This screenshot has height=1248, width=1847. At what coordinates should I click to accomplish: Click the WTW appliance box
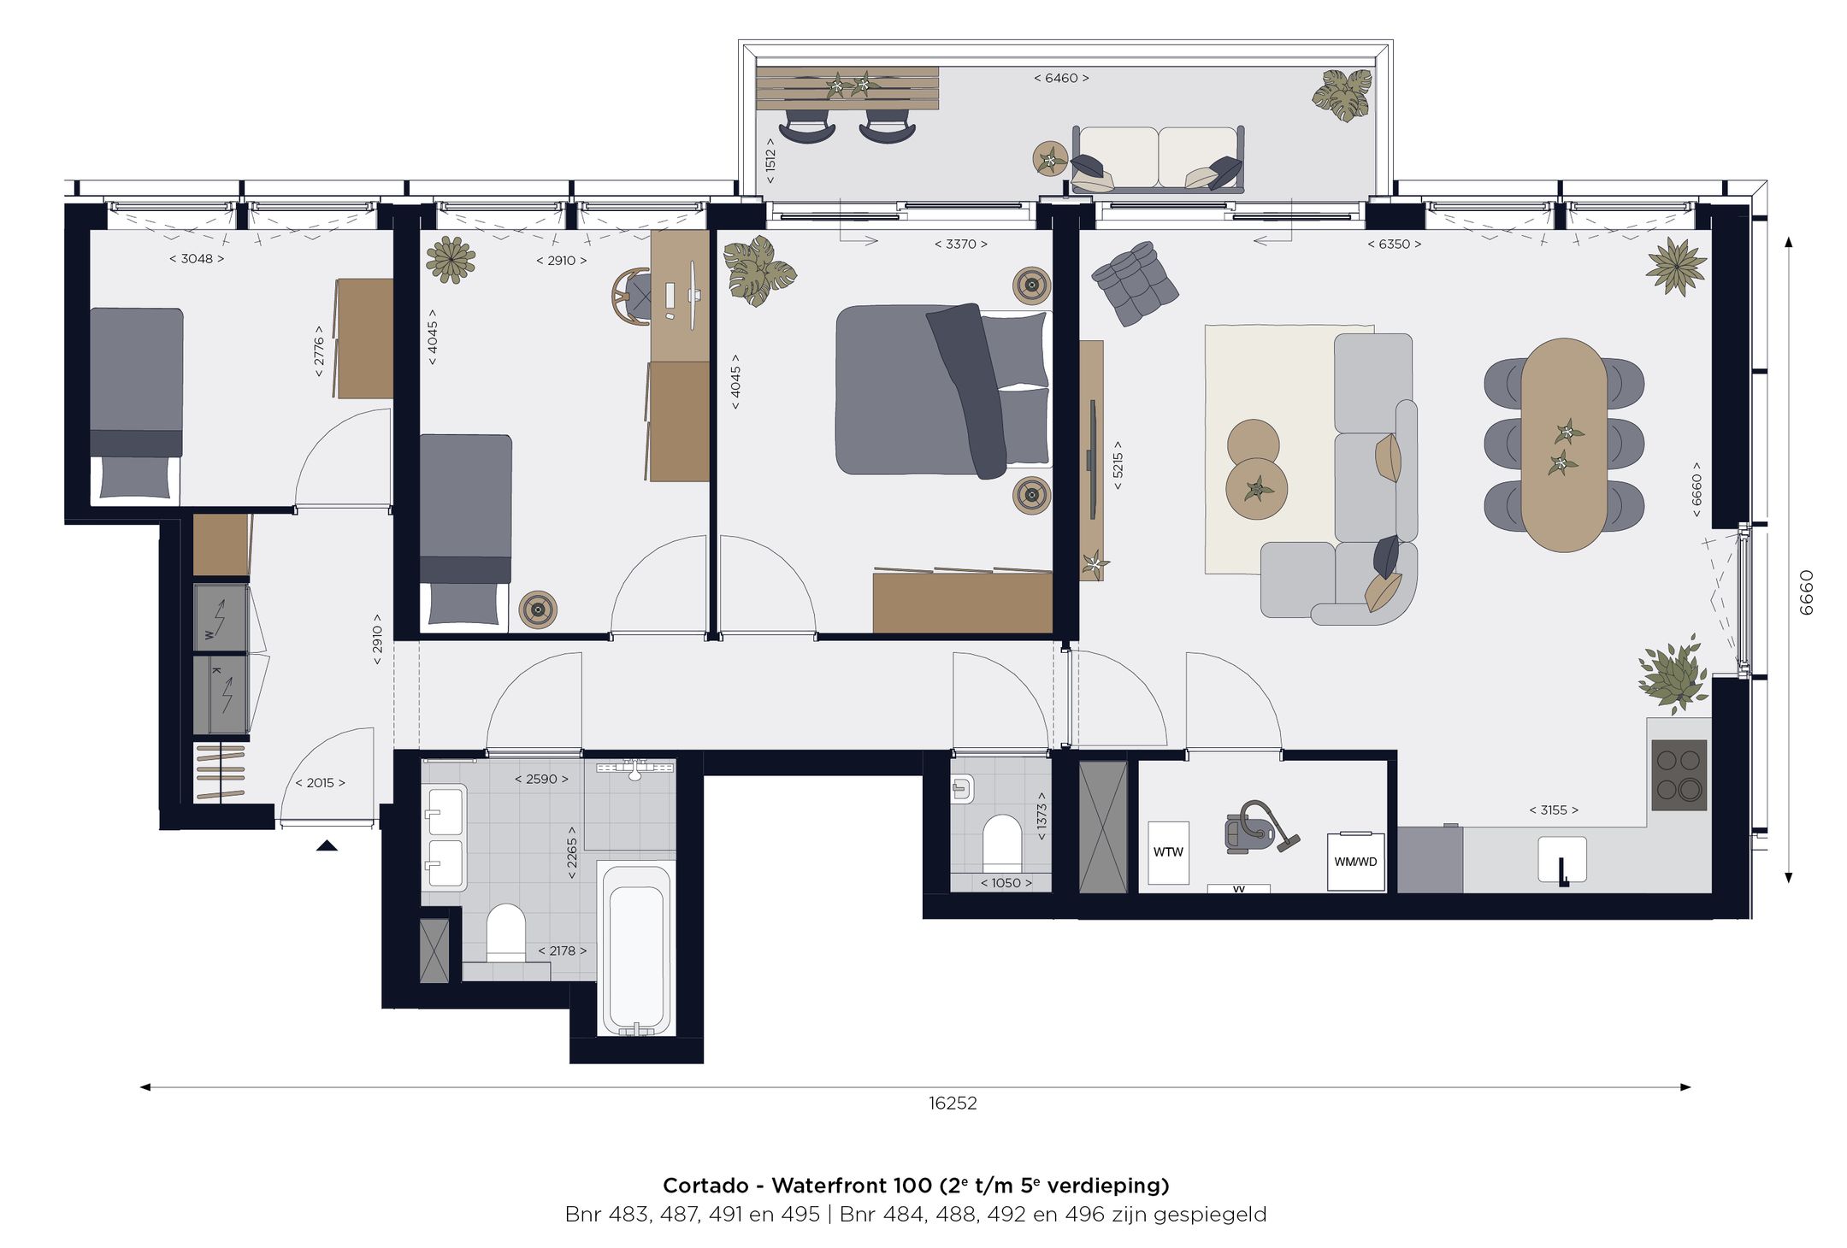click(x=1167, y=852)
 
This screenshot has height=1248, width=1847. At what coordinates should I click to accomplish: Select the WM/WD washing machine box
click(x=1355, y=862)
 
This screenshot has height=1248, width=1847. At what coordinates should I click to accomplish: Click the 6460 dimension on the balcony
click(x=1061, y=78)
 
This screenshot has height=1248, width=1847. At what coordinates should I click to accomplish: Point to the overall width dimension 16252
click(x=953, y=1103)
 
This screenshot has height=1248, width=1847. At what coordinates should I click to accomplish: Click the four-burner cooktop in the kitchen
click(x=1679, y=775)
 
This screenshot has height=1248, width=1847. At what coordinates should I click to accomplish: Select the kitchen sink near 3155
click(x=1562, y=859)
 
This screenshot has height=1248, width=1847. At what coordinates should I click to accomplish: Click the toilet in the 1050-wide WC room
click(x=1001, y=844)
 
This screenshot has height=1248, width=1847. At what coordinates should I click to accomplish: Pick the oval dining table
click(x=1564, y=444)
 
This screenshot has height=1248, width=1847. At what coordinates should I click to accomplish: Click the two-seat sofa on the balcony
click(x=1158, y=159)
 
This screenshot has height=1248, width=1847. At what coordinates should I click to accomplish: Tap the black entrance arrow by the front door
click(x=327, y=846)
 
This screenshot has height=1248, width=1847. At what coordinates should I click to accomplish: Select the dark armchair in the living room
click(x=1135, y=283)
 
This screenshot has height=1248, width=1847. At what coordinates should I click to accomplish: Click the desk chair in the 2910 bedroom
click(x=632, y=297)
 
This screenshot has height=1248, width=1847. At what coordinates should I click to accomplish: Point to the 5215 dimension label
click(x=1117, y=465)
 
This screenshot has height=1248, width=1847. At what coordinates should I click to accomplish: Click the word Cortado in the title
click(x=705, y=1186)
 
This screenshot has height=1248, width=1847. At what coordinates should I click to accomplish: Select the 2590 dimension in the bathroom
click(x=541, y=779)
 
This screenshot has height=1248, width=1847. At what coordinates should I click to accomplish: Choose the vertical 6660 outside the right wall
click(x=1805, y=592)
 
